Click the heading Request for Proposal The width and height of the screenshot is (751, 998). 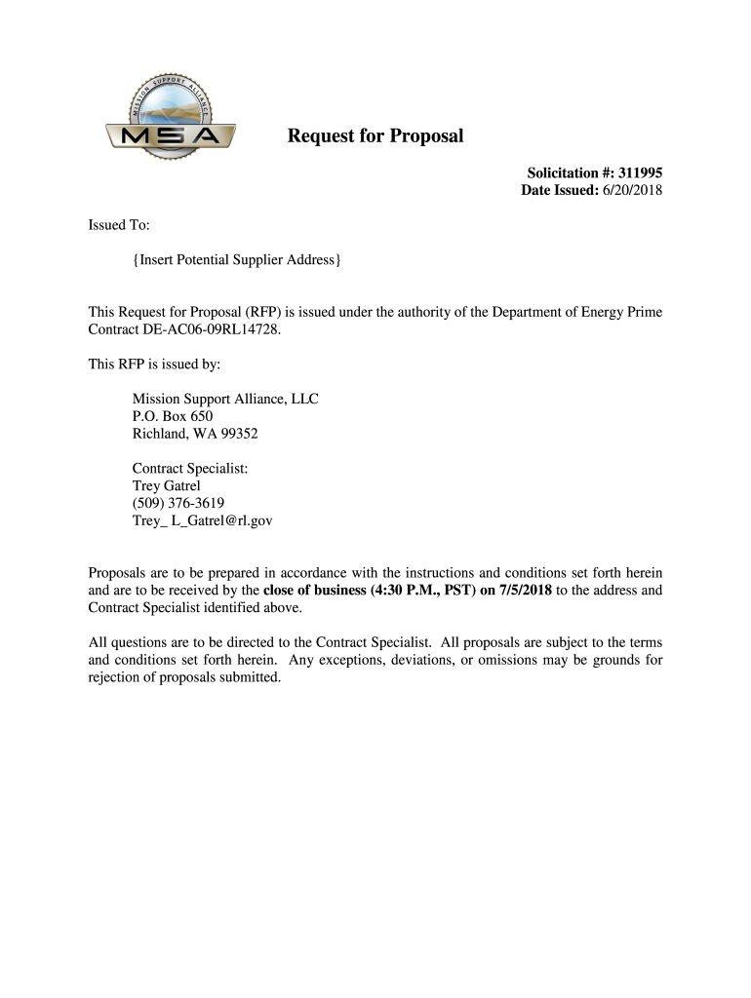pos(375,136)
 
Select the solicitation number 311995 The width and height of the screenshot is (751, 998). pos(640,173)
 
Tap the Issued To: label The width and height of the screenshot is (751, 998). pos(119,225)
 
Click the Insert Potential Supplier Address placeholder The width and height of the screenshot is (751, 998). pos(237,260)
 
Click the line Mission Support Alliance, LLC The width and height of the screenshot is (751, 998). pos(225,399)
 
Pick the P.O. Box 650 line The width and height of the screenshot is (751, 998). pos(173,416)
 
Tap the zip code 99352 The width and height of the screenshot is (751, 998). pos(239,434)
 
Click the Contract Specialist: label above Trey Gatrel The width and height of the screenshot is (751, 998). pos(190,469)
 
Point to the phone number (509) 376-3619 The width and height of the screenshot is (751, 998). pos(178,504)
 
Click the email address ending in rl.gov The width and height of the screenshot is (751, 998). pos(202,521)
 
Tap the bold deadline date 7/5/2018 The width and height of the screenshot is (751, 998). pos(526,590)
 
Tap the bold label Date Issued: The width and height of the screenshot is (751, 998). pos(559,190)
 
